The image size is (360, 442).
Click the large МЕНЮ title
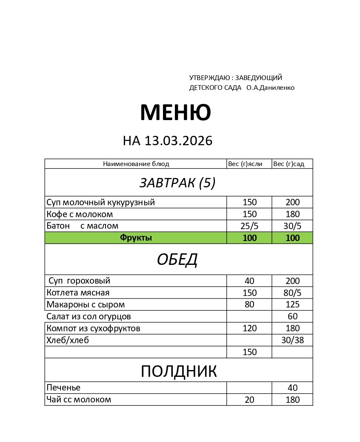click(175, 113)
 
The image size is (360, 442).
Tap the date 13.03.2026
click(178, 141)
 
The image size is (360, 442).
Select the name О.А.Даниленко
click(270, 88)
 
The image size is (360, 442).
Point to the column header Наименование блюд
click(136, 164)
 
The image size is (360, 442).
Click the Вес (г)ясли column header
click(245, 164)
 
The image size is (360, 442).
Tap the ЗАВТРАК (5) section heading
click(177, 183)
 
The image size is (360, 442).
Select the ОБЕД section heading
click(177, 259)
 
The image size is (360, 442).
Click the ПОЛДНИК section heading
click(179, 371)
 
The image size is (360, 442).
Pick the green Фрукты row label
click(136, 238)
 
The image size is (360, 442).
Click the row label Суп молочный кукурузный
click(100, 202)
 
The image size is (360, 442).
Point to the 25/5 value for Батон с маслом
click(249, 226)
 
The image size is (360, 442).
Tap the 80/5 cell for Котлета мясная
click(293, 293)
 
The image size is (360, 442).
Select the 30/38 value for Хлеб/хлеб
click(293, 340)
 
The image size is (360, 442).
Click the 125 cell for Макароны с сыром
click(293, 305)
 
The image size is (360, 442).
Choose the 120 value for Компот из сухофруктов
click(249, 328)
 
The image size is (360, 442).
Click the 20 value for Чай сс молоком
click(249, 400)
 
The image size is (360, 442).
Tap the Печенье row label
click(63, 388)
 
